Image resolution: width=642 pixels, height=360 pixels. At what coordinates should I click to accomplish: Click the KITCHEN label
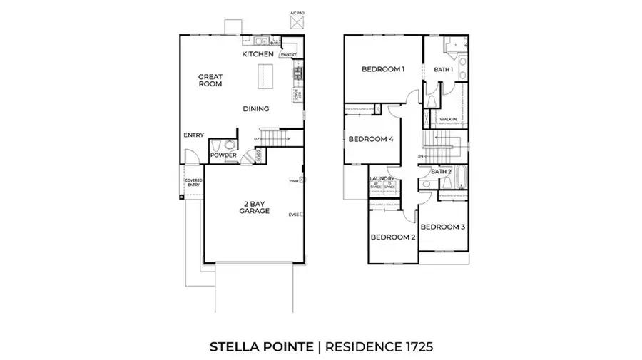click(x=258, y=54)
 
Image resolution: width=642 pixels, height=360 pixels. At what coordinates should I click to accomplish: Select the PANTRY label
click(x=288, y=54)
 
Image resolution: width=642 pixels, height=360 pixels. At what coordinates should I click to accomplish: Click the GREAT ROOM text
click(x=210, y=79)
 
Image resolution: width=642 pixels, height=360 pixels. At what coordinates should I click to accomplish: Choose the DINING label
click(x=255, y=109)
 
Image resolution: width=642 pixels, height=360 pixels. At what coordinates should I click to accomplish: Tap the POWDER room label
click(x=223, y=155)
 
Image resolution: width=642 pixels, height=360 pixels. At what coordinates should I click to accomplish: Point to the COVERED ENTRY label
click(x=193, y=182)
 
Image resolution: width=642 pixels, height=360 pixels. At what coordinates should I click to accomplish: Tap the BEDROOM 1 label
click(x=383, y=69)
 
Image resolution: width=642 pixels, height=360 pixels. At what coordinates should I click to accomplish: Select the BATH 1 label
click(x=444, y=69)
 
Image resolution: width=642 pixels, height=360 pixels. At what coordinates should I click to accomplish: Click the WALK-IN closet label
click(x=448, y=119)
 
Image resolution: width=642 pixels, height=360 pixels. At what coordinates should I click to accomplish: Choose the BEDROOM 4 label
click(x=372, y=139)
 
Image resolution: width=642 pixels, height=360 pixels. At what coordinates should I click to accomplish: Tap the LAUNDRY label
click(x=382, y=178)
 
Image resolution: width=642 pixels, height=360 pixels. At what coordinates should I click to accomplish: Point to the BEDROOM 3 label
click(x=442, y=227)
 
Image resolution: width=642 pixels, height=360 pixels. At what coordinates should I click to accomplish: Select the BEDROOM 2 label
click(x=392, y=237)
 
